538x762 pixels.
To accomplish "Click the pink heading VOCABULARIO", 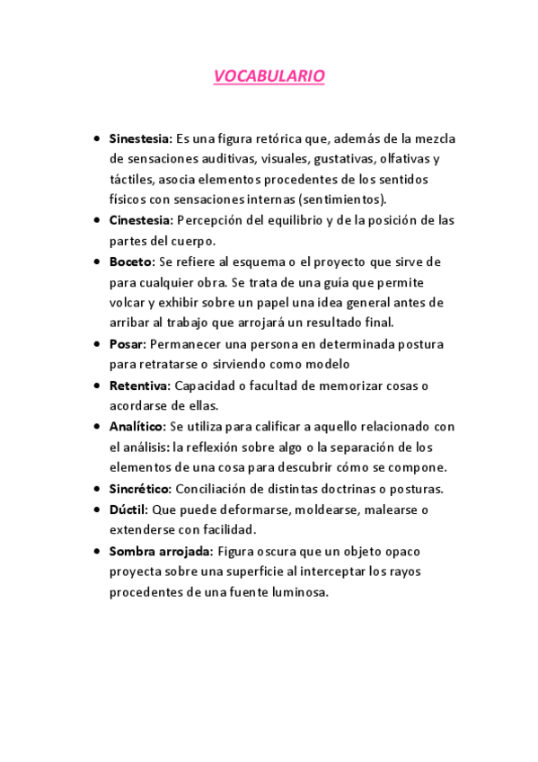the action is tap(269, 77).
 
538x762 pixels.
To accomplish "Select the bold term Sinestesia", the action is tap(140, 139).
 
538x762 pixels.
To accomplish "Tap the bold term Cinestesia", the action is tap(140, 220).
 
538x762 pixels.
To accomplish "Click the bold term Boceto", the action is tap(132, 261).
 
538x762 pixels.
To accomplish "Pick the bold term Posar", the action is tap(128, 344).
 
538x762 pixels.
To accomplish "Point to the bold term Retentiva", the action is tap(139, 385).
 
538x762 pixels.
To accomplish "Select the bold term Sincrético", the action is tap(140, 489).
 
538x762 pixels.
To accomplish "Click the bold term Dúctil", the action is tap(128, 509).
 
